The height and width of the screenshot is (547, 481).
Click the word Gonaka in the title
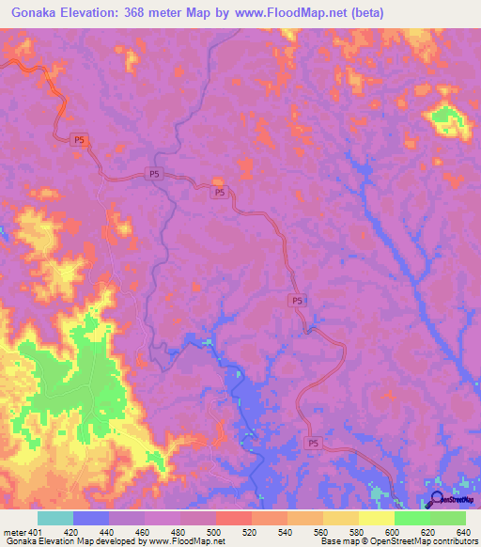click(33, 12)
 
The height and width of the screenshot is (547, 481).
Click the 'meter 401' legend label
click(22, 531)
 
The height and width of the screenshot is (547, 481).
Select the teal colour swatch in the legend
click(54, 518)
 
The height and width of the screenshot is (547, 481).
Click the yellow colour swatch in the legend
click(376, 518)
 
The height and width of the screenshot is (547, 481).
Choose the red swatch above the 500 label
click(233, 518)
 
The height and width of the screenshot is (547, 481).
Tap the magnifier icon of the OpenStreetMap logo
click(435, 501)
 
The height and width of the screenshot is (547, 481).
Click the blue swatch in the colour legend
click(90, 518)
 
